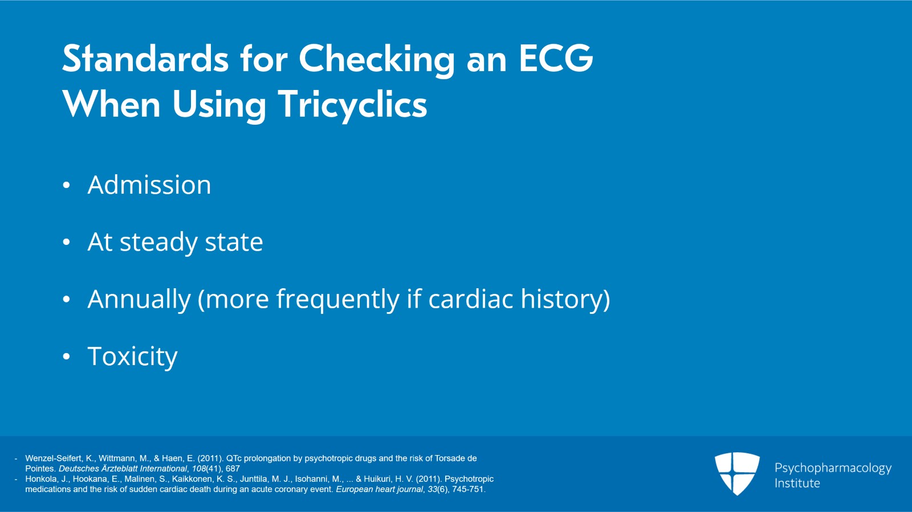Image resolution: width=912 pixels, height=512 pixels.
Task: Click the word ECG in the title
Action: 556,59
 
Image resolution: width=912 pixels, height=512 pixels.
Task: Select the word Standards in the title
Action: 145,59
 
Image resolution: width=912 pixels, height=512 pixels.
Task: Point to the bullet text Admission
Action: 149,185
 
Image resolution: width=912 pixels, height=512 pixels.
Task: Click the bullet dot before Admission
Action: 67,186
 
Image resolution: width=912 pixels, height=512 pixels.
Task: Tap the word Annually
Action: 139,300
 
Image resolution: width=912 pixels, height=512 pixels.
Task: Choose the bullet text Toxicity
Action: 132,357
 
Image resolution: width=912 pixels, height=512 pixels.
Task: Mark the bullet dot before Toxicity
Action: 67,357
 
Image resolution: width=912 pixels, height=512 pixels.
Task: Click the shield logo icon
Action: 737,472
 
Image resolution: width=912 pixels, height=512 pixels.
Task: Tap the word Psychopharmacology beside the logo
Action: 833,468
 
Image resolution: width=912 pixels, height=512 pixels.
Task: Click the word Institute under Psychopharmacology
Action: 797,484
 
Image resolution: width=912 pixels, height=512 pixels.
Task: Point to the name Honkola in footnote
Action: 40,479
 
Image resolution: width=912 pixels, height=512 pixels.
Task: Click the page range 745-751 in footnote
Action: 468,489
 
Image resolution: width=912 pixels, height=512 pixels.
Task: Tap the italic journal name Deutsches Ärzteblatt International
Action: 123,469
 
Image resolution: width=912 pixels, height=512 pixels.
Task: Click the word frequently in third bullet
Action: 338,300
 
